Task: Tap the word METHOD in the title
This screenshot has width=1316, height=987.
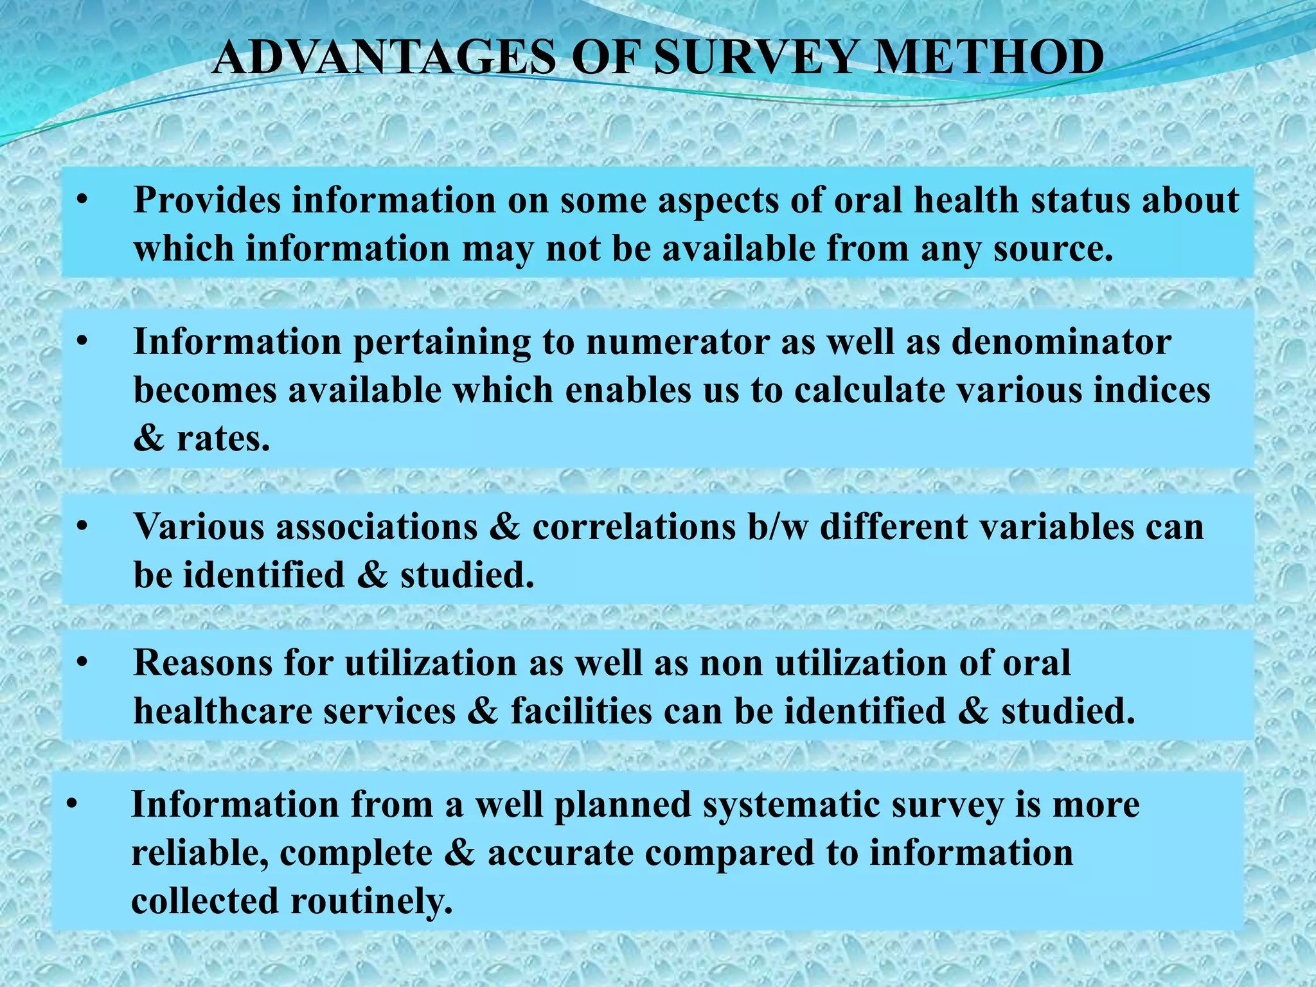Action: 990,58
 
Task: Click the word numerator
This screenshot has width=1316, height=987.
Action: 678,342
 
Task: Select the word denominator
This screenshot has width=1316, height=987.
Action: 1061,342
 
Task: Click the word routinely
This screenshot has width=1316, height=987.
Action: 371,901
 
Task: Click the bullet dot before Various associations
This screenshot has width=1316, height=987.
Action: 81,528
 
